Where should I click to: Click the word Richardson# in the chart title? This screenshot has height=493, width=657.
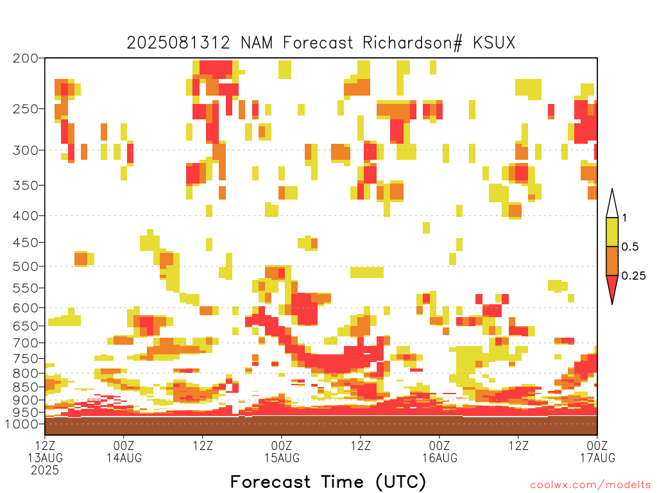click(413, 43)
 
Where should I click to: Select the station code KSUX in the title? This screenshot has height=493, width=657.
click(494, 43)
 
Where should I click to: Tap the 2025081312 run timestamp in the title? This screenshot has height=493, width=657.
click(178, 43)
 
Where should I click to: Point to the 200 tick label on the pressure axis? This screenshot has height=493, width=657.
click(26, 58)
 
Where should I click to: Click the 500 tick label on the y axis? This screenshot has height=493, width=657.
click(26, 266)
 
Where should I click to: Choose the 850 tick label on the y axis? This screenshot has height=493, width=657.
click(26, 387)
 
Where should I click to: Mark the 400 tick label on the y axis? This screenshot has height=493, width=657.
click(26, 216)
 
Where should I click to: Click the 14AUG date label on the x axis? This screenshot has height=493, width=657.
click(124, 458)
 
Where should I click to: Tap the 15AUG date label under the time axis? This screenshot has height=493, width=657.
click(282, 458)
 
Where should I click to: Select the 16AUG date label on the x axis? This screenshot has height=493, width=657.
click(440, 458)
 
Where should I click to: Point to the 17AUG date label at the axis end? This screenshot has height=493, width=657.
click(597, 458)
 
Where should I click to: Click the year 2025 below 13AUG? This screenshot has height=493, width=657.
click(45, 470)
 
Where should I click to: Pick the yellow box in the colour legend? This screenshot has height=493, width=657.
click(612, 232)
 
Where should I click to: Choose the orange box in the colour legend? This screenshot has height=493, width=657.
click(612, 261)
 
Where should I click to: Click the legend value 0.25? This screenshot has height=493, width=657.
click(633, 276)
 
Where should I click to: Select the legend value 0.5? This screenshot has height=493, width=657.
click(630, 246)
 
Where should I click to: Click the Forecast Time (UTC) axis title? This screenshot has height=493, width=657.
click(328, 482)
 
